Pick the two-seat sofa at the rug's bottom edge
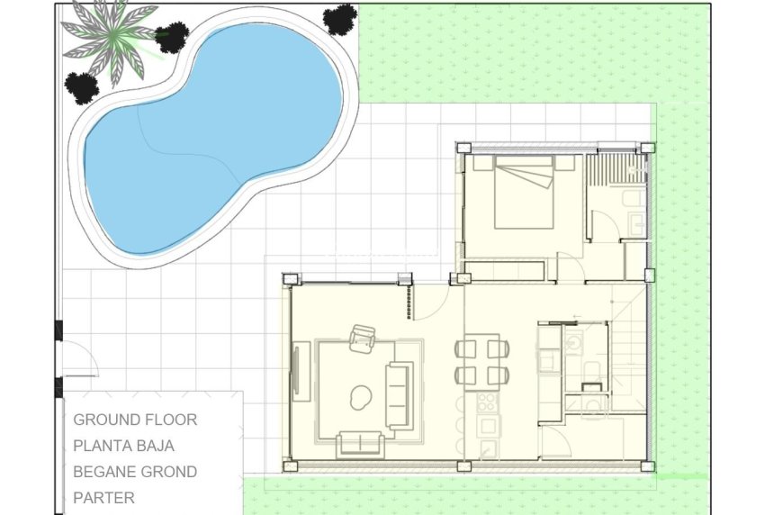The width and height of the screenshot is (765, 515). click(x=359, y=442)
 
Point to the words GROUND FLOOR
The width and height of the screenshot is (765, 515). click(x=135, y=420)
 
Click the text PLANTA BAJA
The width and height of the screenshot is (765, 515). click(x=124, y=445)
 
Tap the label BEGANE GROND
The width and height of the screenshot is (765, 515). click(x=135, y=471)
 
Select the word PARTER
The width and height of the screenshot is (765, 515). click(x=104, y=497)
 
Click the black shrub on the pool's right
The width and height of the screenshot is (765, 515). click(x=340, y=19)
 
